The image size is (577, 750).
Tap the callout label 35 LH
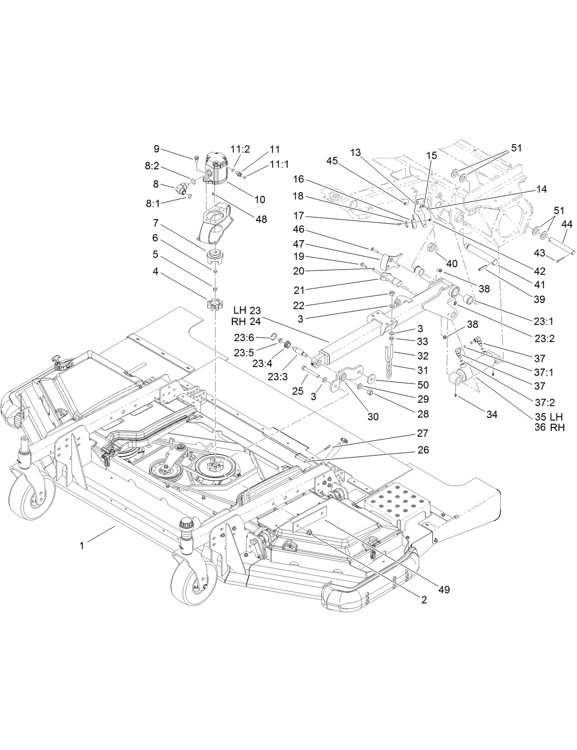click(x=549, y=416)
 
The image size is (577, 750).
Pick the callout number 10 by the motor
click(x=259, y=200)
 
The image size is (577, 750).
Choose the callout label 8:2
click(x=152, y=167)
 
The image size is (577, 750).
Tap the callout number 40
click(x=452, y=264)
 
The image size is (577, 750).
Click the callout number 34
click(x=491, y=414)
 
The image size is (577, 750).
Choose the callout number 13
click(x=356, y=153)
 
